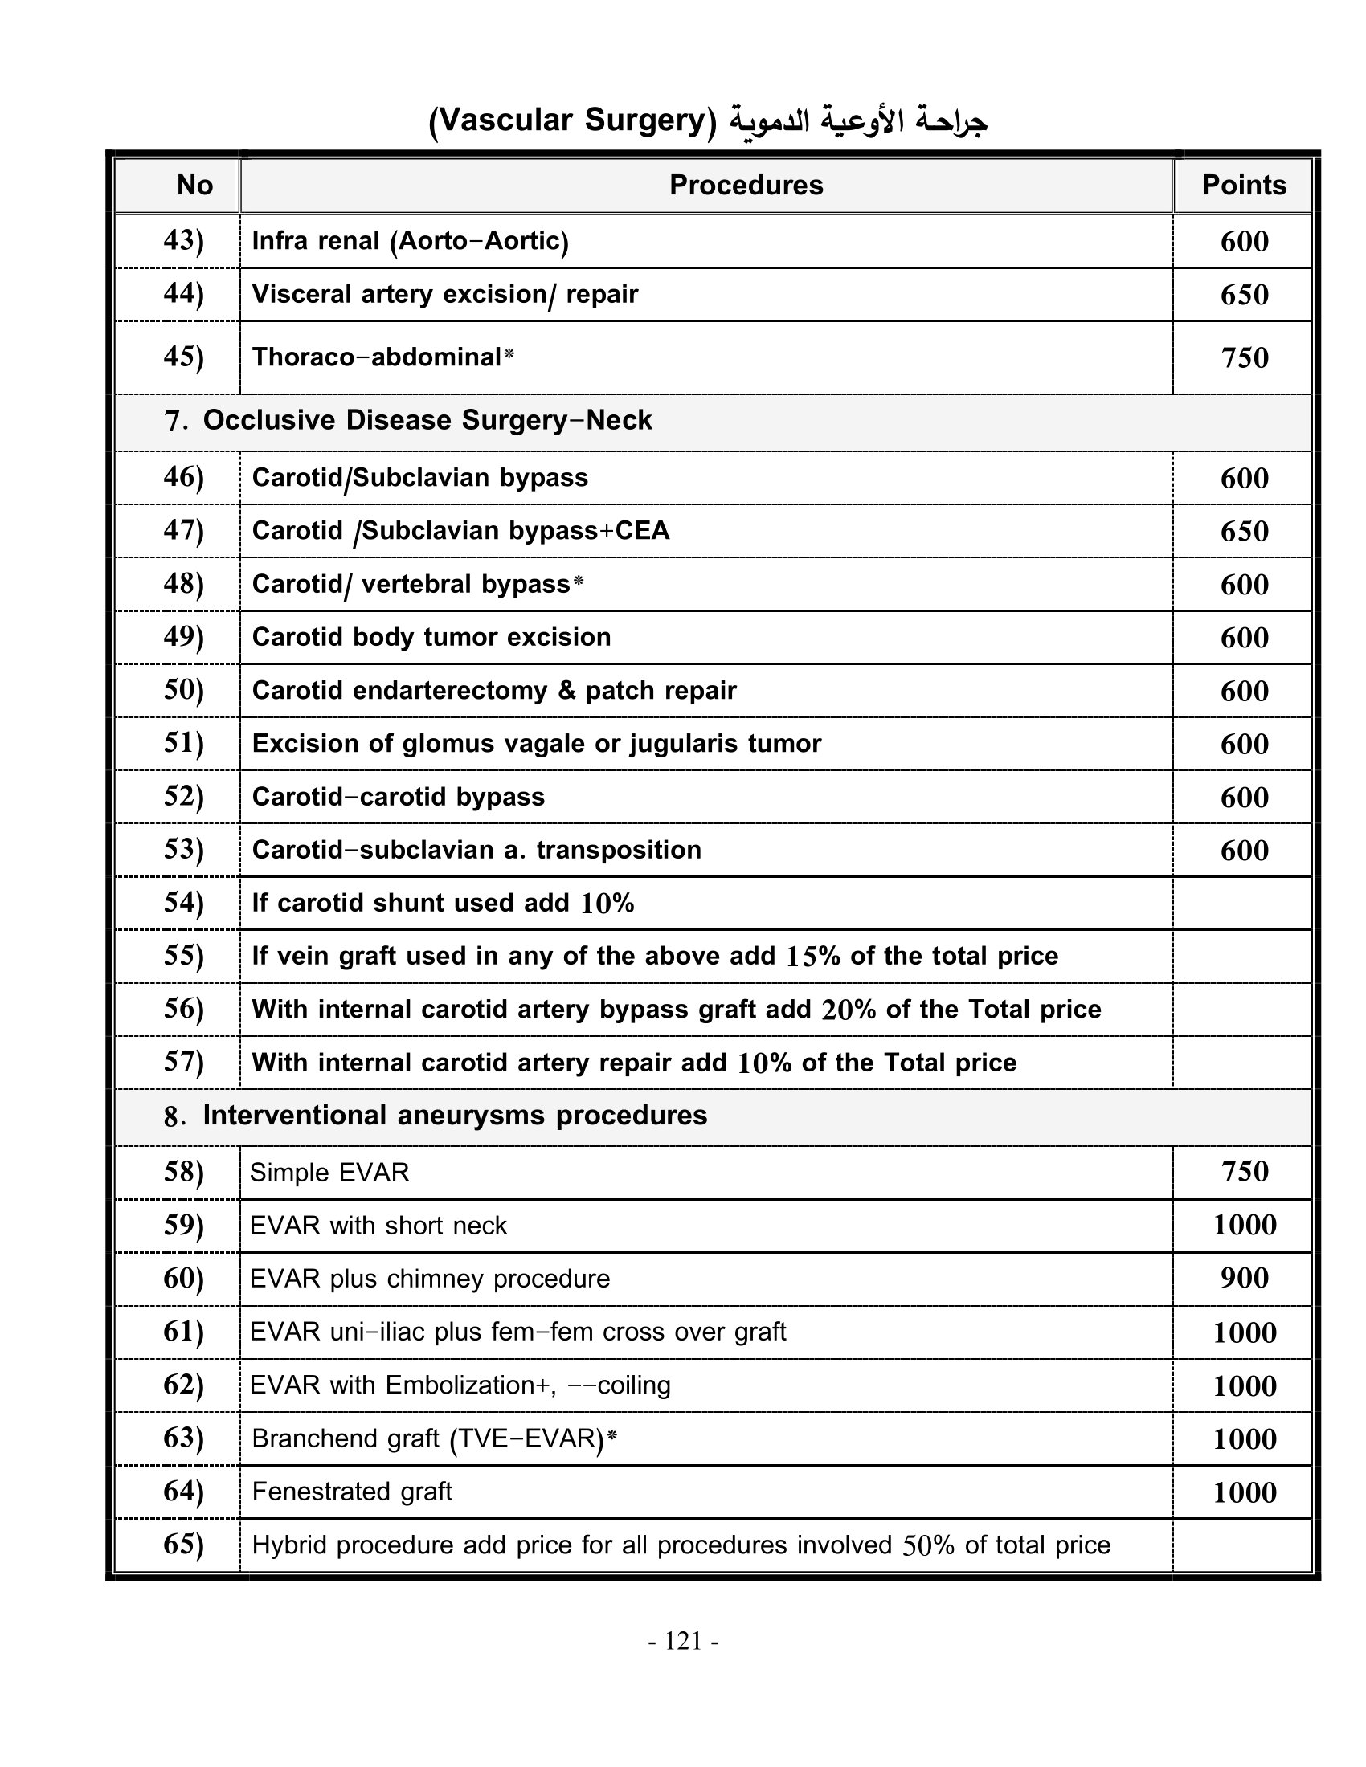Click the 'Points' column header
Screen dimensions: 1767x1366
coord(1243,186)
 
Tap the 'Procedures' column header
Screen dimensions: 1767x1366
coord(746,186)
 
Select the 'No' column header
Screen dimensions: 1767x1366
coord(194,186)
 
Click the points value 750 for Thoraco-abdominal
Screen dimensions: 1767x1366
coord(1244,357)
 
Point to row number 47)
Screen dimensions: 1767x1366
coord(184,530)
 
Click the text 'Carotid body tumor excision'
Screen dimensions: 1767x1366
coord(431,637)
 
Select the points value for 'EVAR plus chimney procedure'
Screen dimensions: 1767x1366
coord(1244,1279)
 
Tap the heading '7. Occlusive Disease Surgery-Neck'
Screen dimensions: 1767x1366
coord(408,421)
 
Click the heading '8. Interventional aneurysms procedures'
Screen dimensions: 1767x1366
coord(436,1116)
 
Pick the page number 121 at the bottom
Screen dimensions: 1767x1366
coord(684,1641)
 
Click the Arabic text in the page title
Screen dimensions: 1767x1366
coord(858,121)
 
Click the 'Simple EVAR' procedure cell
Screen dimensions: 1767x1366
coord(329,1173)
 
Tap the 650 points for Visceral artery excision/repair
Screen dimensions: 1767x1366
coord(1244,295)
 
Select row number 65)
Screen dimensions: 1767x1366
coord(184,1544)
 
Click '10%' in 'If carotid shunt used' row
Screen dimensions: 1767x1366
coord(607,904)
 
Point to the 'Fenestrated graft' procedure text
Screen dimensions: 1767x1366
coord(352,1492)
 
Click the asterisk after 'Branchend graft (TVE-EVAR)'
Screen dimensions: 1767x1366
coord(611,1435)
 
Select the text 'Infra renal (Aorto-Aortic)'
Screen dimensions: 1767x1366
coord(411,241)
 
